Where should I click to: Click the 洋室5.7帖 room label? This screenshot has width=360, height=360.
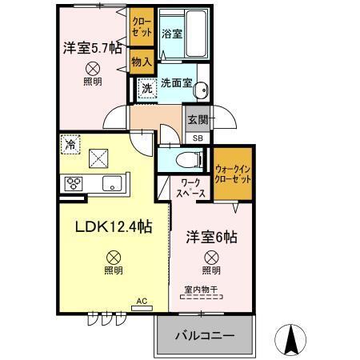(x=93, y=50)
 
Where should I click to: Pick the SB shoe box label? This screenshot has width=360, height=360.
(x=197, y=138)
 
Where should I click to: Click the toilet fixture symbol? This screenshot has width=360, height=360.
(x=181, y=158)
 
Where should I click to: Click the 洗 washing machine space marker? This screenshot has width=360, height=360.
(x=146, y=89)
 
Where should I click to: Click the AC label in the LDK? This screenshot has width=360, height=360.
(x=142, y=302)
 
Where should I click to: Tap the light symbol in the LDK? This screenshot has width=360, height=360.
(x=114, y=258)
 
